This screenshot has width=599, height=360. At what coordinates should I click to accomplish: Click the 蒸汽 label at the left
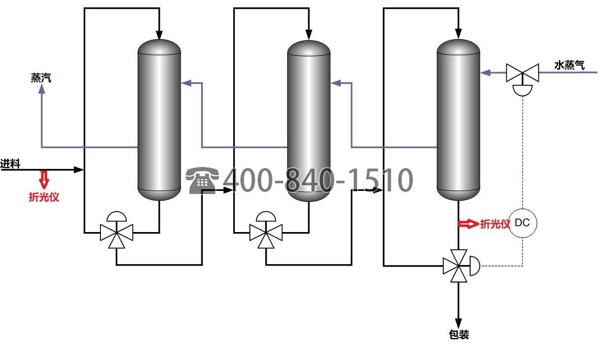tap(41, 78)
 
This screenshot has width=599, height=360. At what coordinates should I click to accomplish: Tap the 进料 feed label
tap(10, 163)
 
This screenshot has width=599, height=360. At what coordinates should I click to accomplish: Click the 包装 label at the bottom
tap(459, 335)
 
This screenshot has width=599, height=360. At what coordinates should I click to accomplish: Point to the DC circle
tap(522, 223)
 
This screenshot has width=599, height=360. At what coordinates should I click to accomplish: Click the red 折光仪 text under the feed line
tap(44, 197)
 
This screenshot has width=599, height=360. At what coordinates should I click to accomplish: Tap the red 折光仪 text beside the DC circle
tap(495, 224)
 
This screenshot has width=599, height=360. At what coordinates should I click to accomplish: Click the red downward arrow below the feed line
tap(44, 179)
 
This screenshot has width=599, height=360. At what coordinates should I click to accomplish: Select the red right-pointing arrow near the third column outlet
tap(468, 223)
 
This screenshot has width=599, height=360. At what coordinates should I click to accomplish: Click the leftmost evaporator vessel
tap(159, 120)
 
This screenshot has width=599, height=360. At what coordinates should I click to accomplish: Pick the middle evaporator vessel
tap(309, 120)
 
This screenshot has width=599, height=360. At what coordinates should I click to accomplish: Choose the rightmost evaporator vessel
tap(459, 120)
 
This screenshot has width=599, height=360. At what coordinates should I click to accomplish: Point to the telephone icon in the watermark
tap(202, 180)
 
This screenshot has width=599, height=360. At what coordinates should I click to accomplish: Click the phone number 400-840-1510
tap(318, 180)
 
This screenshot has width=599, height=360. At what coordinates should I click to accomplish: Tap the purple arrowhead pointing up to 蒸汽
tap(41, 89)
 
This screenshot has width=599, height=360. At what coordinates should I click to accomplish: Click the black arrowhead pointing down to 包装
tap(459, 323)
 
